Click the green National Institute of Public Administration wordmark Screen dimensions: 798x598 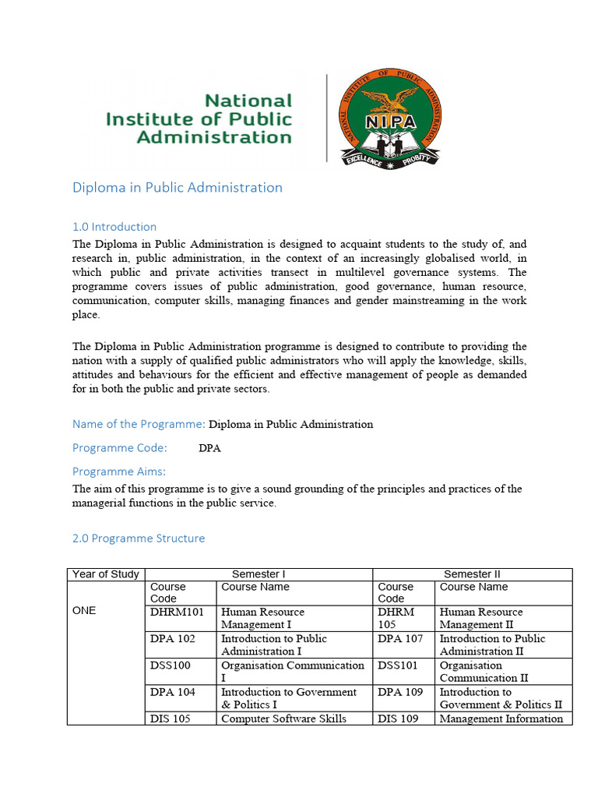pyautogui.click(x=199, y=118)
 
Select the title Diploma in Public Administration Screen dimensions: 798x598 pyautogui.click(x=177, y=187)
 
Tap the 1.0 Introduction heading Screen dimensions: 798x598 pyautogui.click(x=114, y=227)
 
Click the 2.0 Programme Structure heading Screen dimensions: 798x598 pyautogui.click(x=139, y=538)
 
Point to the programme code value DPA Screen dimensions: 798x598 pyautogui.click(x=209, y=448)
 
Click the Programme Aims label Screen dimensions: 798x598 pyautogui.click(x=119, y=471)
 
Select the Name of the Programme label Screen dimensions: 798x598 pyautogui.click(x=139, y=424)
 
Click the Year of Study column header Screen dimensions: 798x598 pyautogui.click(x=105, y=574)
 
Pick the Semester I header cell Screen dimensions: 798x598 pyautogui.click(x=259, y=574)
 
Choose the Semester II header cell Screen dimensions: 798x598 pyautogui.click(x=472, y=574)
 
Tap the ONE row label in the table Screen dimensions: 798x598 pyautogui.click(x=84, y=610)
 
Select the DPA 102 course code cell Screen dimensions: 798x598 pyautogui.click(x=173, y=638)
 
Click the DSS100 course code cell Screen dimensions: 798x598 pyautogui.click(x=171, y=666)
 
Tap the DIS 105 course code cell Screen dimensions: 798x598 pyautogui.click(x=170, y=719)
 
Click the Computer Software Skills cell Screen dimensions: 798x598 pyautogui.click(x=283, y=719)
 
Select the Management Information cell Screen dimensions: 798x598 pyautogui.click(x=501, y=719)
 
